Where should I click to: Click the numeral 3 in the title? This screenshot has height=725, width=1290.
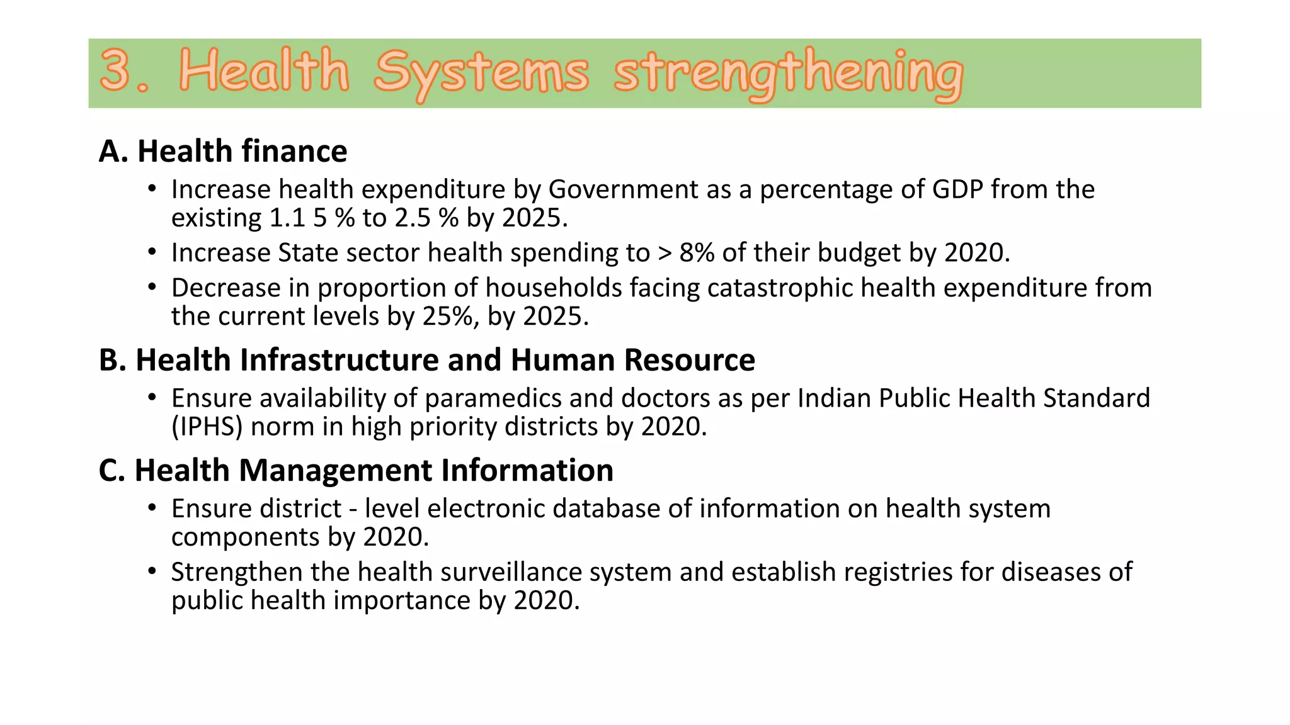pyautogui.click(x=115, y=70)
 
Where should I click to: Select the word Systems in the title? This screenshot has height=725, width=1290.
pyautogui.click(x=481, y=72)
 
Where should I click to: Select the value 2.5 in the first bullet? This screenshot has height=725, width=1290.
pyautogui.click(x=413, y=218)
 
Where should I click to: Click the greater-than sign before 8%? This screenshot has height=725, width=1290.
pyautogui.click(x=665, y=253)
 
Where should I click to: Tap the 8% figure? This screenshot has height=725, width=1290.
pyautogui.click(x=697, y=253)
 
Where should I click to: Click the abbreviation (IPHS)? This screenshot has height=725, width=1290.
pyautogui.click(x=207, y=427)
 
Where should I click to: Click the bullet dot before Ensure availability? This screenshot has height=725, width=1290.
pyautogui.click(x=152, y=398)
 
